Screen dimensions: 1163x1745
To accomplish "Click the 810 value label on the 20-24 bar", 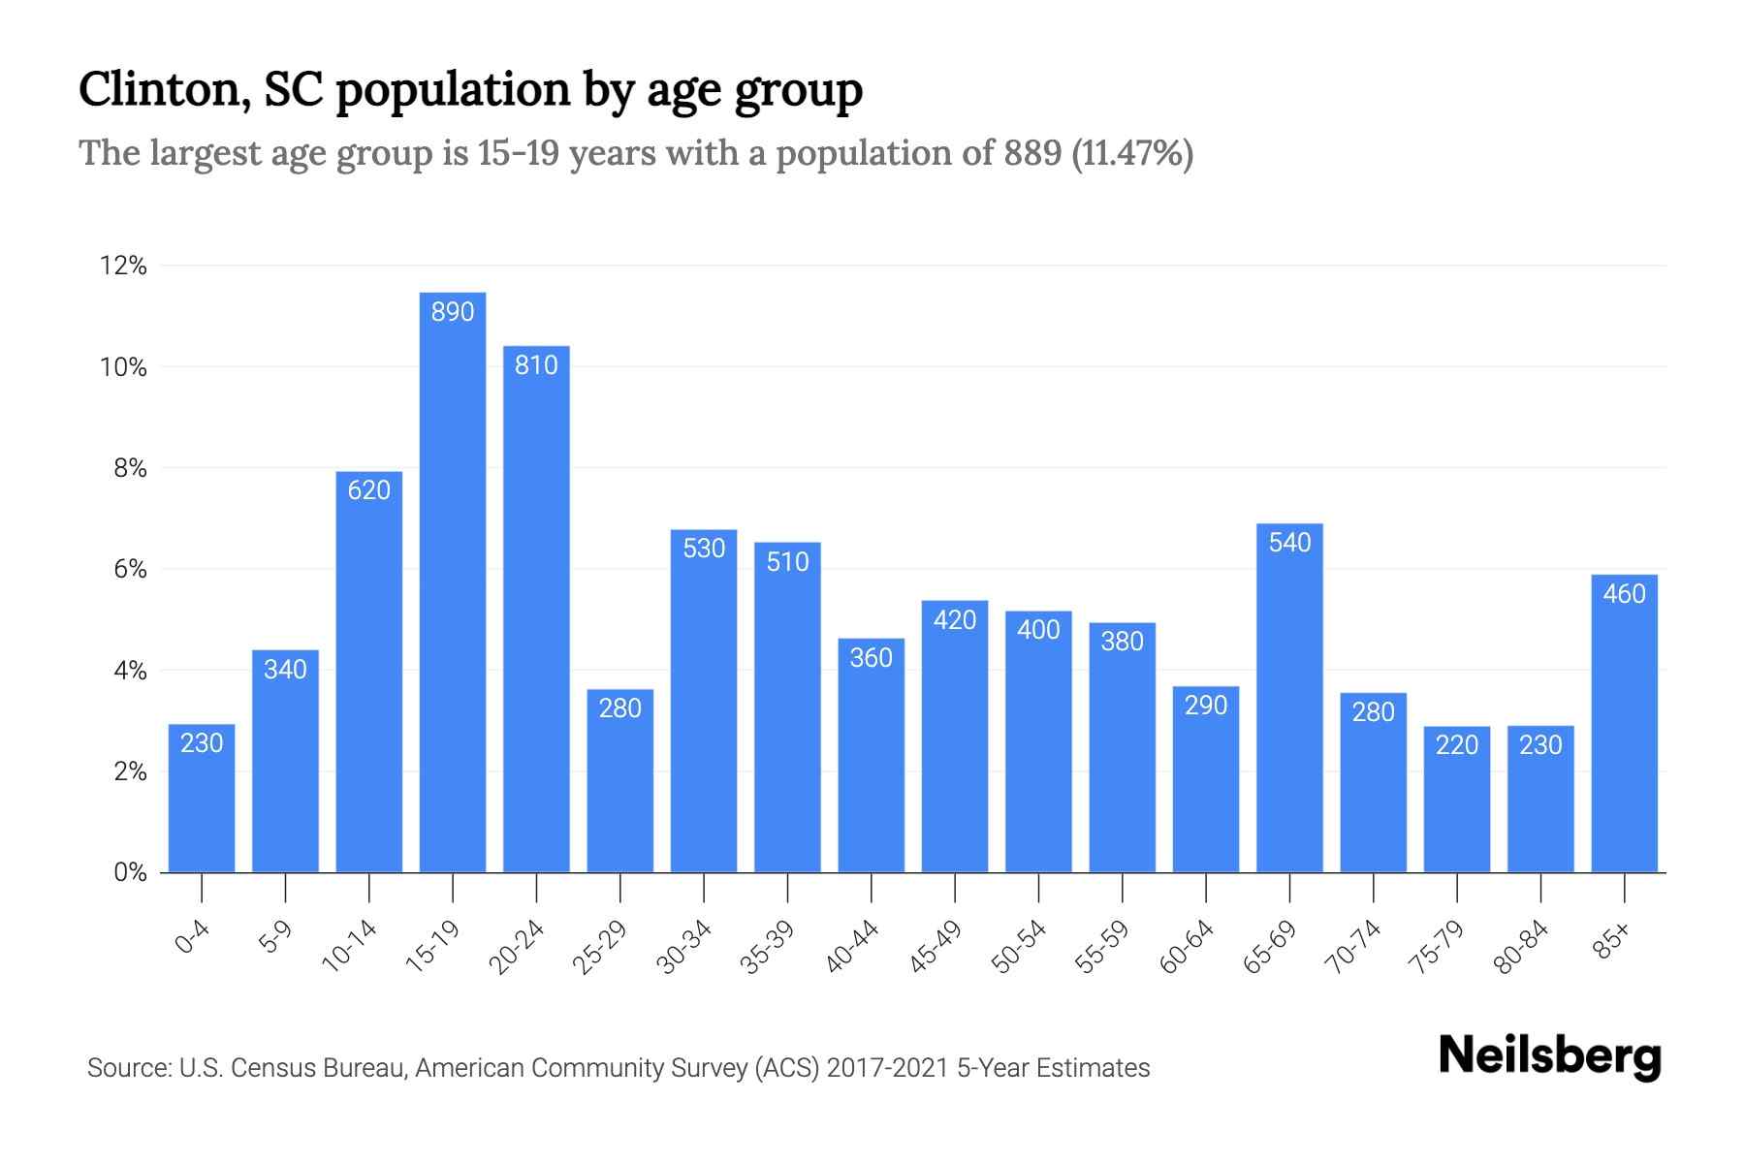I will pyautogui.click(x=536, y=365).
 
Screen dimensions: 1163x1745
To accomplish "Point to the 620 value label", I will pyautogui.click(x=368, y=490).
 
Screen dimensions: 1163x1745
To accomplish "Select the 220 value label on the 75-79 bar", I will pyautogui.click(x=1457, y=745).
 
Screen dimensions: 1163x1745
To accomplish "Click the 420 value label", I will pyautogui.click(x=955, y=620).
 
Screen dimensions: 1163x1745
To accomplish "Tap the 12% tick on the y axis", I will pyautogui.click(x=123, y=266).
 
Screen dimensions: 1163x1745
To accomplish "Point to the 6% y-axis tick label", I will pyautogui.click(x=130, y=569).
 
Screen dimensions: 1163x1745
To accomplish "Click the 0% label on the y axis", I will pyautogui.click(x=130, y=872).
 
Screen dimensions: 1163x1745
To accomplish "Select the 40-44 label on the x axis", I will pyautogui.click(x=852, y=947).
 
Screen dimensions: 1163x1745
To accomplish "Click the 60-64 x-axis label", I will pyautogui.click(x=1187, y=947).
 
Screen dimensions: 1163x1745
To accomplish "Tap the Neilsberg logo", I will pyautogui.click(x=1549, y=1056).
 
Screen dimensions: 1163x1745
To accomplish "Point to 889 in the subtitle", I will pyautogui.click(x=1032, y=153).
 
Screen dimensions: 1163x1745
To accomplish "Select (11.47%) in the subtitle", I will pyautogui.click(x=1132, y=153).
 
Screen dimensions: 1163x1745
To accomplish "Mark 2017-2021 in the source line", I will pyautogui.click(x=888, y=1068).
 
